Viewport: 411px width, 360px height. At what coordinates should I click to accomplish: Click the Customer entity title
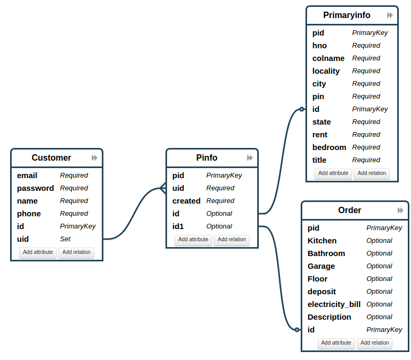[x=51, y=157]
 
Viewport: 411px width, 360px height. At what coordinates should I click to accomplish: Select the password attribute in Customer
[x=35, y=188]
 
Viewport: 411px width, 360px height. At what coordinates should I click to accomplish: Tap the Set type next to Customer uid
[x=65, y=239]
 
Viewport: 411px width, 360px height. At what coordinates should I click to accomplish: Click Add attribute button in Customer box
[x=38, y=252]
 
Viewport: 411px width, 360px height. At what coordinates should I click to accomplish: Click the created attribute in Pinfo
[x=186, y=201]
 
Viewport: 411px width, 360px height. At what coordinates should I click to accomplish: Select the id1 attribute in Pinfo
[x=178, y=226]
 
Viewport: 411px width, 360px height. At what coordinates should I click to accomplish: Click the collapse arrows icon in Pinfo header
[x=250, y=158]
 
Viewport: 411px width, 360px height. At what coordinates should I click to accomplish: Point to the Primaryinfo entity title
[x=347, y=15]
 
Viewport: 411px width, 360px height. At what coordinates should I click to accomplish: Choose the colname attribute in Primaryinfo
[x=328, y=58]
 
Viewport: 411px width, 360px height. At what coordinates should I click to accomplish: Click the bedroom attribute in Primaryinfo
[x=329, y=147]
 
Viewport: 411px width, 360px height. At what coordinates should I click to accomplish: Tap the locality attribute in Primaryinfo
[x=326, y=71]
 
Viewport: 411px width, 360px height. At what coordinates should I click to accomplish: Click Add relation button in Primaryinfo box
[x=372, y=173]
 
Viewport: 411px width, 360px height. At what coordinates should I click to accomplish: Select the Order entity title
[x=349, y=210]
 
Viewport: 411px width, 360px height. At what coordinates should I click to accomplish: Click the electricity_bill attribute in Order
[x=334, y=304]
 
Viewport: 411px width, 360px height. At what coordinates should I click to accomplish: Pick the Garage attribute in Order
[x=321, y=266]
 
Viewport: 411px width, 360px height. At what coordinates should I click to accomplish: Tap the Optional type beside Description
[x=379, y=317]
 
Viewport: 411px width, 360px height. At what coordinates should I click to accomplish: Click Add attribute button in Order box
[x=336, y=343]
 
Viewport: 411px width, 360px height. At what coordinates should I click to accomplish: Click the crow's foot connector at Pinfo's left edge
[x=163, y=188]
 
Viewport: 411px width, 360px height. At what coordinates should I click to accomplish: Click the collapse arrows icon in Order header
[x=400, y=210]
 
